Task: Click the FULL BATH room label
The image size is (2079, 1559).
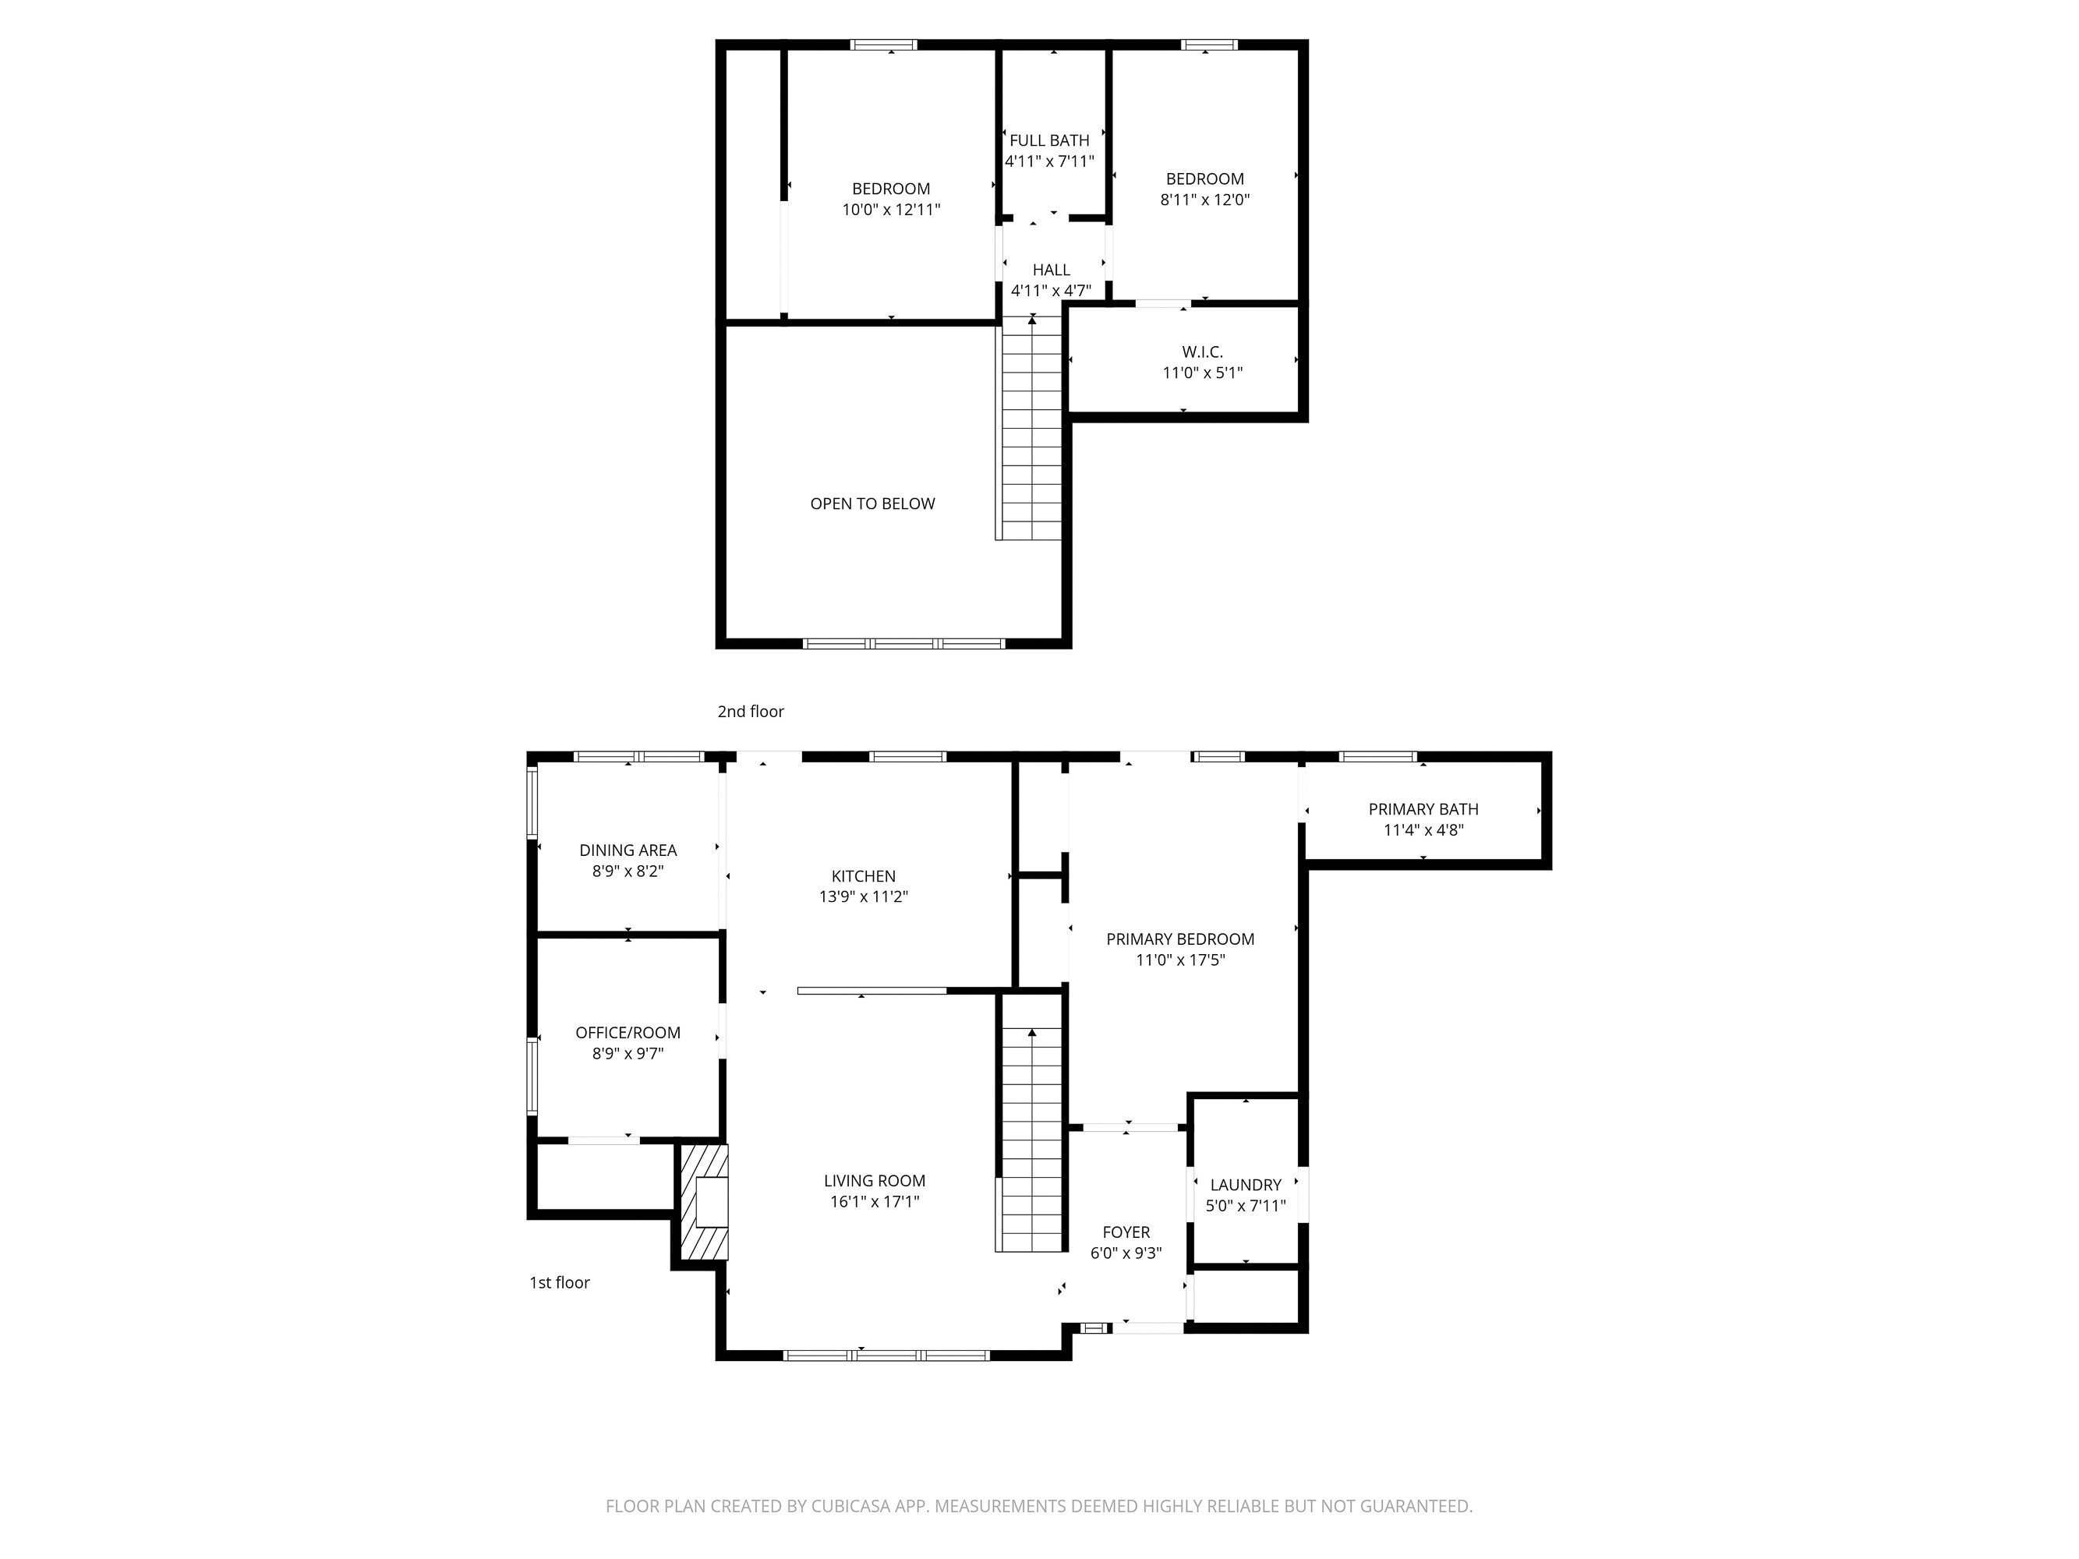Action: [x=1049, y=141]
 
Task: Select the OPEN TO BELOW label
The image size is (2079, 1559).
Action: [x=872, y=504]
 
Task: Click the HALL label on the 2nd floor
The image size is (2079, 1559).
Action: [x=1051, y=270]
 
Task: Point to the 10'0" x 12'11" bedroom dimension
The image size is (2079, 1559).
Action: [x=891, y=210]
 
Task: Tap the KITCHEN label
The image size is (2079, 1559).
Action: [x=863, y=876]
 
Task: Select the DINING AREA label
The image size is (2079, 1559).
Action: [x=628, y=850]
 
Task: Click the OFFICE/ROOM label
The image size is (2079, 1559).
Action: [x=628, y=1033]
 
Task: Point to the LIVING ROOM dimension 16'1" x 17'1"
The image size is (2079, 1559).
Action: [x=874, y=1202]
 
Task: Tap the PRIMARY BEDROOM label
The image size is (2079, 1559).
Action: [x=1179, y=939]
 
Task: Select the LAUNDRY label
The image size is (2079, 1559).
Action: [x=1246, y=1185]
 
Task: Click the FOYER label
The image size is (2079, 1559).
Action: [x=1126, y=1232]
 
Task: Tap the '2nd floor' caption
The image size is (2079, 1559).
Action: [x=750, y=712]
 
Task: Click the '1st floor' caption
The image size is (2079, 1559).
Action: [x=559, y=1283]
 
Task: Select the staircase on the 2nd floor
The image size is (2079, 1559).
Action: [x=1032, y=433]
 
